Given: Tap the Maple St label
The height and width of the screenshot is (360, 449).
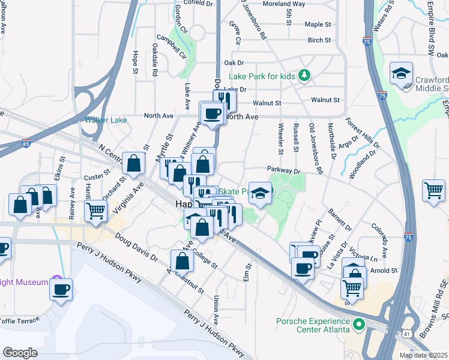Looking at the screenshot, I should coord(318,25).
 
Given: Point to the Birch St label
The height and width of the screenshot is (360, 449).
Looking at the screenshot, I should coord(319,40).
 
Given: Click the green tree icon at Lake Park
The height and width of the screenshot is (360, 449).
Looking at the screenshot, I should coord(306,75).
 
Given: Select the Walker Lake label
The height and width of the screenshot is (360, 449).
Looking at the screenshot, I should coord(106,120).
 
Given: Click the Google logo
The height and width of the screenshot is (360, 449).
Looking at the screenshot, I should coord(20,352).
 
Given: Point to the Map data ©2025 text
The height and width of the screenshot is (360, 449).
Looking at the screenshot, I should coord(423,355).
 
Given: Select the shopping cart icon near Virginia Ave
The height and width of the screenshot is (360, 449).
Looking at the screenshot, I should coord(95,211).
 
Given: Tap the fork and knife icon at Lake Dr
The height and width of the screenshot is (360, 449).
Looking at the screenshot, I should coord(224,98).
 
